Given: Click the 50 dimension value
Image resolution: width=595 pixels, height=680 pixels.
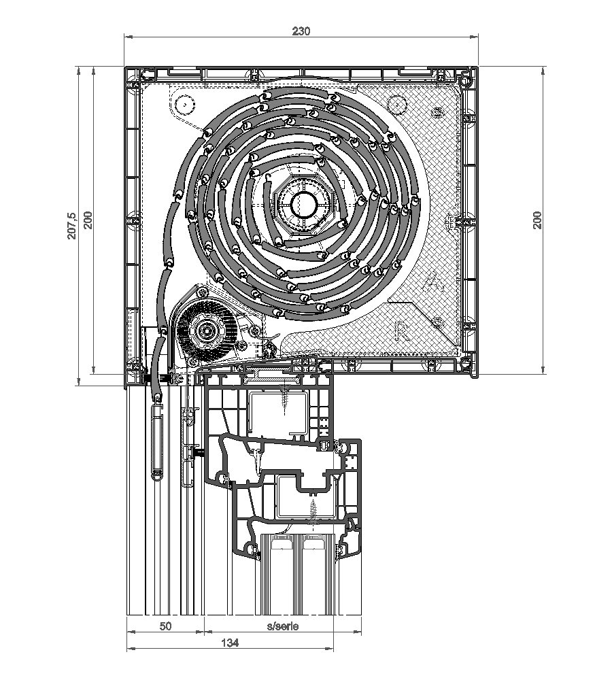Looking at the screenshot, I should pyautogui.click(x=165, y=626).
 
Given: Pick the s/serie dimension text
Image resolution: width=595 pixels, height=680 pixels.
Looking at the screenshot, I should pyautogui.click(x=282, y=626).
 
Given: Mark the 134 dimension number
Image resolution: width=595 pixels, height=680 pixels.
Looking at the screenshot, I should pyautogui.click(x=231, y=642).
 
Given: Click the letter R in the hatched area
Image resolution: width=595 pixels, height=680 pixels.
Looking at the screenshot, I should pyautogui.click(x=402, y=331).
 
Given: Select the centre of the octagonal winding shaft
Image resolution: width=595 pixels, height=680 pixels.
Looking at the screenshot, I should pyautogui.click(x=304, y=203).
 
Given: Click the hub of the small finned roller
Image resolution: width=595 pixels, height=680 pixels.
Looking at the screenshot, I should pyautogui.click(x=205, y=331).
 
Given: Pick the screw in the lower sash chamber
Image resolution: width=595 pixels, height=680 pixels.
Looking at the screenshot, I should pyautogui.click(x=313, y=511).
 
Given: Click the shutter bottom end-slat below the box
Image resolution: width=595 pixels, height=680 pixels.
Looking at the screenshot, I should pyautogui.click(x=157, y=439).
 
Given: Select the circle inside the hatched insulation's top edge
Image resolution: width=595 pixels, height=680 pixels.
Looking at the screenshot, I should pyautogui.click(x=394, y=104).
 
